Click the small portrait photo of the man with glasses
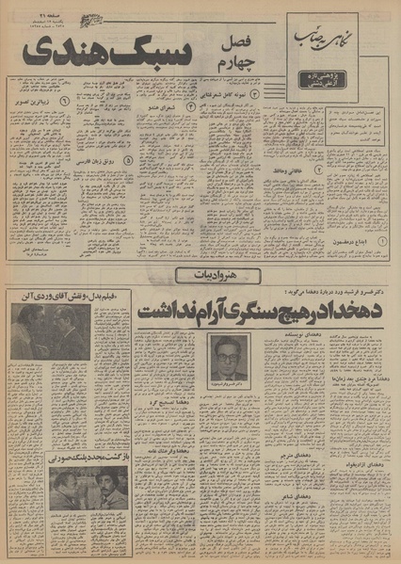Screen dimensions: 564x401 click(x=226, y=357)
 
